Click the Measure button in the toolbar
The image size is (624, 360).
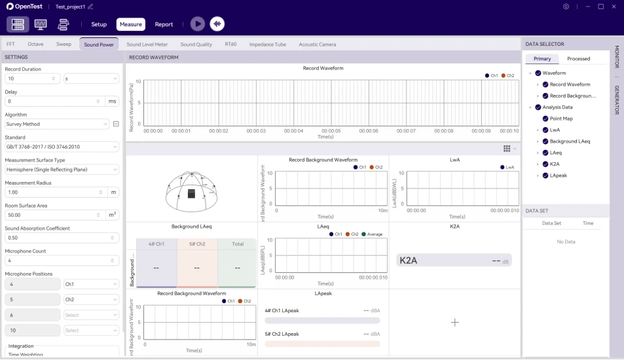point(131,24)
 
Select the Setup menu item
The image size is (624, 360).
point(99,24)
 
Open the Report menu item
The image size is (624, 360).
point(164,24)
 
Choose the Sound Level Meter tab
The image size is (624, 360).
point(147,45)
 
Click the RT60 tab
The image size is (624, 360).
point(230,45)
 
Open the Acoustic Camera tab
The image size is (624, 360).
point(318,45)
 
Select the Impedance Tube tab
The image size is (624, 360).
point(268,45)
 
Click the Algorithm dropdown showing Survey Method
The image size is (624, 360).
point(57,124)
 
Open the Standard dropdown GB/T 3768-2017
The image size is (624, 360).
point(62,147)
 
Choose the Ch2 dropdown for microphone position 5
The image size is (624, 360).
point(91,300)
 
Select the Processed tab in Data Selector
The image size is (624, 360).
point(578,59)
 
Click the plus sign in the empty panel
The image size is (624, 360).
point(455,322)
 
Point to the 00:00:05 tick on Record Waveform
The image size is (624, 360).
point(331,130)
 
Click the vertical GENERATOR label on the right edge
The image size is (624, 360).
point(616,99)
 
